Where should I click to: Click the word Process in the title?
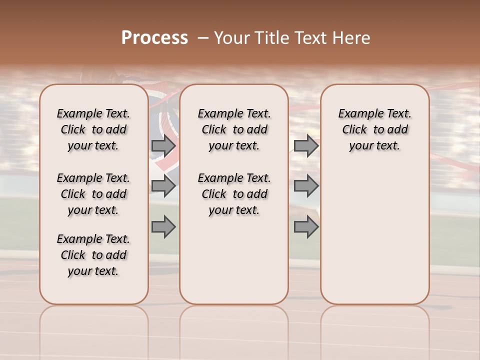click(154, 38)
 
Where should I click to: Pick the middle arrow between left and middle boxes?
click(163, 186)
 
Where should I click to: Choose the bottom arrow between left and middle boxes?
click(163, 226)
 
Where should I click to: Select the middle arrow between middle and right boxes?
click(306, 186)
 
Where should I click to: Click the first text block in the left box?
click(93, 129)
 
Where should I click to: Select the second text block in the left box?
click(93, 194)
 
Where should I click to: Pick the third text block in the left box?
click(93, 255)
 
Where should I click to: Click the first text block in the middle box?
click(234, 129)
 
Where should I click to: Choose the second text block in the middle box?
click(234, 194)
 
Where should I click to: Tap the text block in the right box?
click(375, 129)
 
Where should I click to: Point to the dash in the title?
click(203, 38)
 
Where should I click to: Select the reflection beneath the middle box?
click(234, 330)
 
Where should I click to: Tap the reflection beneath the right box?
click(375, 330)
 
